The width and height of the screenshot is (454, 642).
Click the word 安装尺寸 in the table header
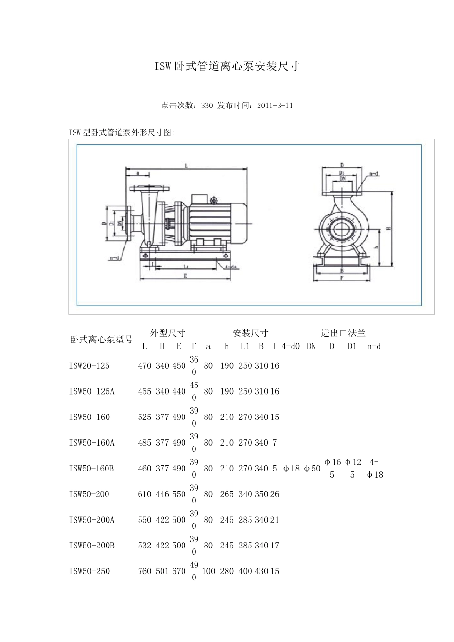point(250,333)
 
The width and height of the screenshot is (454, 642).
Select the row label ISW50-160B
point(91,469)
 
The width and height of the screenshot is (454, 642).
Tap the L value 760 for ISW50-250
point(144,571)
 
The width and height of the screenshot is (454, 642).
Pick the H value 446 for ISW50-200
point(162,494)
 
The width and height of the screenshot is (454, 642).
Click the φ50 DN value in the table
point(313,469)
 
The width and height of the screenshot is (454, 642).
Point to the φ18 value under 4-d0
point(292,469)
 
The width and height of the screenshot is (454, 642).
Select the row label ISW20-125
point(89,366)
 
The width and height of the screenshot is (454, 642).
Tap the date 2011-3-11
point(275,106)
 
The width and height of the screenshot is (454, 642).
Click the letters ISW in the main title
point(162,66)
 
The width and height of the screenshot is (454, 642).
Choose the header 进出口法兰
point(343,333)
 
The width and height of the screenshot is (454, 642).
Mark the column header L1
point(245,347)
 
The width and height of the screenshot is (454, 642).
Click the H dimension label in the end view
point(389,228)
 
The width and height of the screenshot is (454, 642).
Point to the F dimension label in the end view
point(342,277)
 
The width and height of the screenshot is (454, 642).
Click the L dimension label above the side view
point(186,165)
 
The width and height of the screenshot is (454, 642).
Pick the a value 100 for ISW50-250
point(208,571)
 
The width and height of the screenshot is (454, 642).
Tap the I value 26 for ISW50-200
point(275,494)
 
